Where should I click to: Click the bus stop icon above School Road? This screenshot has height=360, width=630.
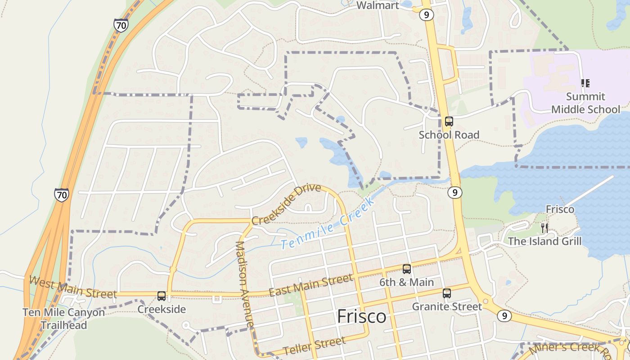tap(449, 121)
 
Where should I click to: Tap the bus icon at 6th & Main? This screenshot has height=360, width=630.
tap(406, 269)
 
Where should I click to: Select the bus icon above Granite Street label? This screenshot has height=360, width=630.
tap(446, 293)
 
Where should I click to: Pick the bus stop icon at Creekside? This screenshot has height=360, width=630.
tap(162, 296)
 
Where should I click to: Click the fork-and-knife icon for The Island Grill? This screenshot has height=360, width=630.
tap(544, 228)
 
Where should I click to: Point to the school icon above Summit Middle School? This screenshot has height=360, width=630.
tap(585, 83)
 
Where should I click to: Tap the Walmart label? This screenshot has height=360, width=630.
tap(378, 5)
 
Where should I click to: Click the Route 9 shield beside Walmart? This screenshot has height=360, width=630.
tap(426, 15)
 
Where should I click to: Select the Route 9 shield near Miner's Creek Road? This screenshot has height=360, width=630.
tap(504, 316)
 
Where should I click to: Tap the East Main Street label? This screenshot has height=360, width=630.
tap(310, 286)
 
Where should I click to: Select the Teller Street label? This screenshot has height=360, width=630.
tap(315, 345)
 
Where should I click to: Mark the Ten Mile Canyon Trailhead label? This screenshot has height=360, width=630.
tap(64, 319)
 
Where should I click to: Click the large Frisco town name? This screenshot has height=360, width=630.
tap(361, 316)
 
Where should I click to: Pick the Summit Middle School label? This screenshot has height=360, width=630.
tap(585, 103)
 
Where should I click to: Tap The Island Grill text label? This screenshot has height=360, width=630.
tap(544, 241)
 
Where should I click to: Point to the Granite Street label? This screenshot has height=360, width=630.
tap(447, 307)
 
